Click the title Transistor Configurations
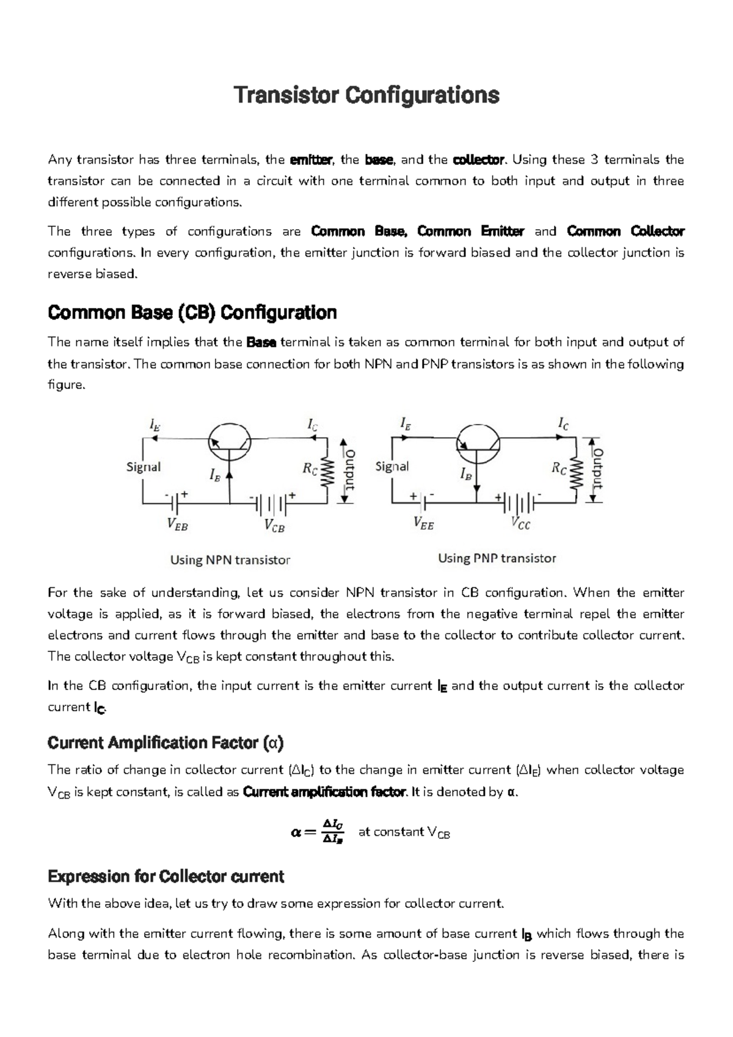click(x=366, y=95)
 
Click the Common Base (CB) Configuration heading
click(x=192, y=313)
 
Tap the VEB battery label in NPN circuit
click(x=177, y=525)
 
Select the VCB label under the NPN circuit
click(x=274, y=526)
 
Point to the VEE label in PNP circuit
click(x=423, y=523)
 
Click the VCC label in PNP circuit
click(x=520, y=524)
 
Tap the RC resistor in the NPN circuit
click(x=328, y=471)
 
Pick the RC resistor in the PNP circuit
click(x=576, y=471)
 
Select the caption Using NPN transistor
click(x=230, y=560)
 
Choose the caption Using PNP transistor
click(x=497, y=559)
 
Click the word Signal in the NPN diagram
click(x=144, y=467)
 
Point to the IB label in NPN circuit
click(x=214, y=475)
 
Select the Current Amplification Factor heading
click(x=166, y=743)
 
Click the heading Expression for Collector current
click(x=166, y=877)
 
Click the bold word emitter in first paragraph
click(x=311, y=160)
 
